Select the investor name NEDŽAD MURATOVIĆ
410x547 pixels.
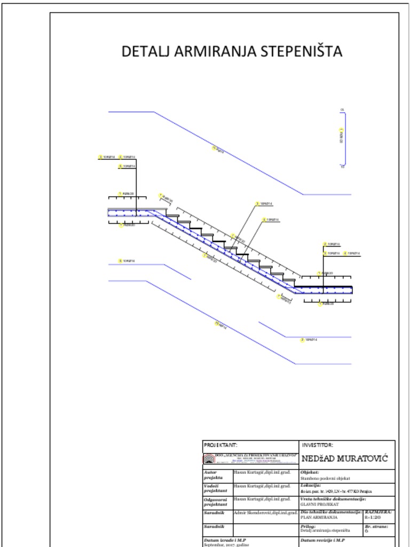coord(344,459)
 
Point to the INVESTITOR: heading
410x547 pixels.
coord(318,445)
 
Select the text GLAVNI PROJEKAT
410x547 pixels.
coord(320,504)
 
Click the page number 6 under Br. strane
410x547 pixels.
coord(366,531)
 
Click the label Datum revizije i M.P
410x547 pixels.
coord(323,541)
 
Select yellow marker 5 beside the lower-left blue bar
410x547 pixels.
coord(120,261)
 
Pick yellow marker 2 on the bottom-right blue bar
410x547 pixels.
coord(302,340)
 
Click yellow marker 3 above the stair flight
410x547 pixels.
coord(257,204)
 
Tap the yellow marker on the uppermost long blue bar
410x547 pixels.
coord(215,148)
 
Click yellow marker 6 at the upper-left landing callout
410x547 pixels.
coord(120,167)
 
